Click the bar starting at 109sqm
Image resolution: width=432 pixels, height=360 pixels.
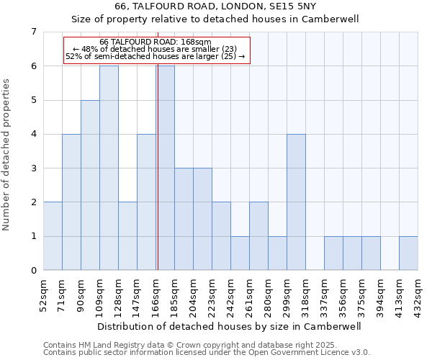click(109, 168)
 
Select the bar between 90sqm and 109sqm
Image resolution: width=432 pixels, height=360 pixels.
click(90, 185)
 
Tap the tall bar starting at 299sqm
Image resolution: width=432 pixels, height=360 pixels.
click(296, 202)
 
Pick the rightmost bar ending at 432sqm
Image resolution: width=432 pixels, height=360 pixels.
click(408, 253)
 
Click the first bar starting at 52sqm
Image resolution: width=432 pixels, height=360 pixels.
click(53, 236)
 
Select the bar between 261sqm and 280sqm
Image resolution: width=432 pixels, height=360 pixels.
click(258, 236)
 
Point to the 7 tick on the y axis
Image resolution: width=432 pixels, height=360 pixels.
click(33, 32)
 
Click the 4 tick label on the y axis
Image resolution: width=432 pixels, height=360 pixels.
click(33, 134)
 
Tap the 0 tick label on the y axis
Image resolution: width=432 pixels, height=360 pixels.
click(33, 271)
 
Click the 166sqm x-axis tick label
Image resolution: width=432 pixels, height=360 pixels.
click(156, 293)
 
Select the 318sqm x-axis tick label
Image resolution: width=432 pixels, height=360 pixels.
click(305, 293)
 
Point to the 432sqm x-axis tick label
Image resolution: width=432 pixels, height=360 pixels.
click(418, 293)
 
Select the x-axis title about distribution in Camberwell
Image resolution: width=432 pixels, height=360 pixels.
click(229, 326)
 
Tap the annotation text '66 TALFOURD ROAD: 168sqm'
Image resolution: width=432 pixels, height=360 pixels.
click(156, 42)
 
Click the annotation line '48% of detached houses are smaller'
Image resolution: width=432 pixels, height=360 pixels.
click(156, 49)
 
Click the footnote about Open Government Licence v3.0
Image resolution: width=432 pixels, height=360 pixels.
click(207, 353)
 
